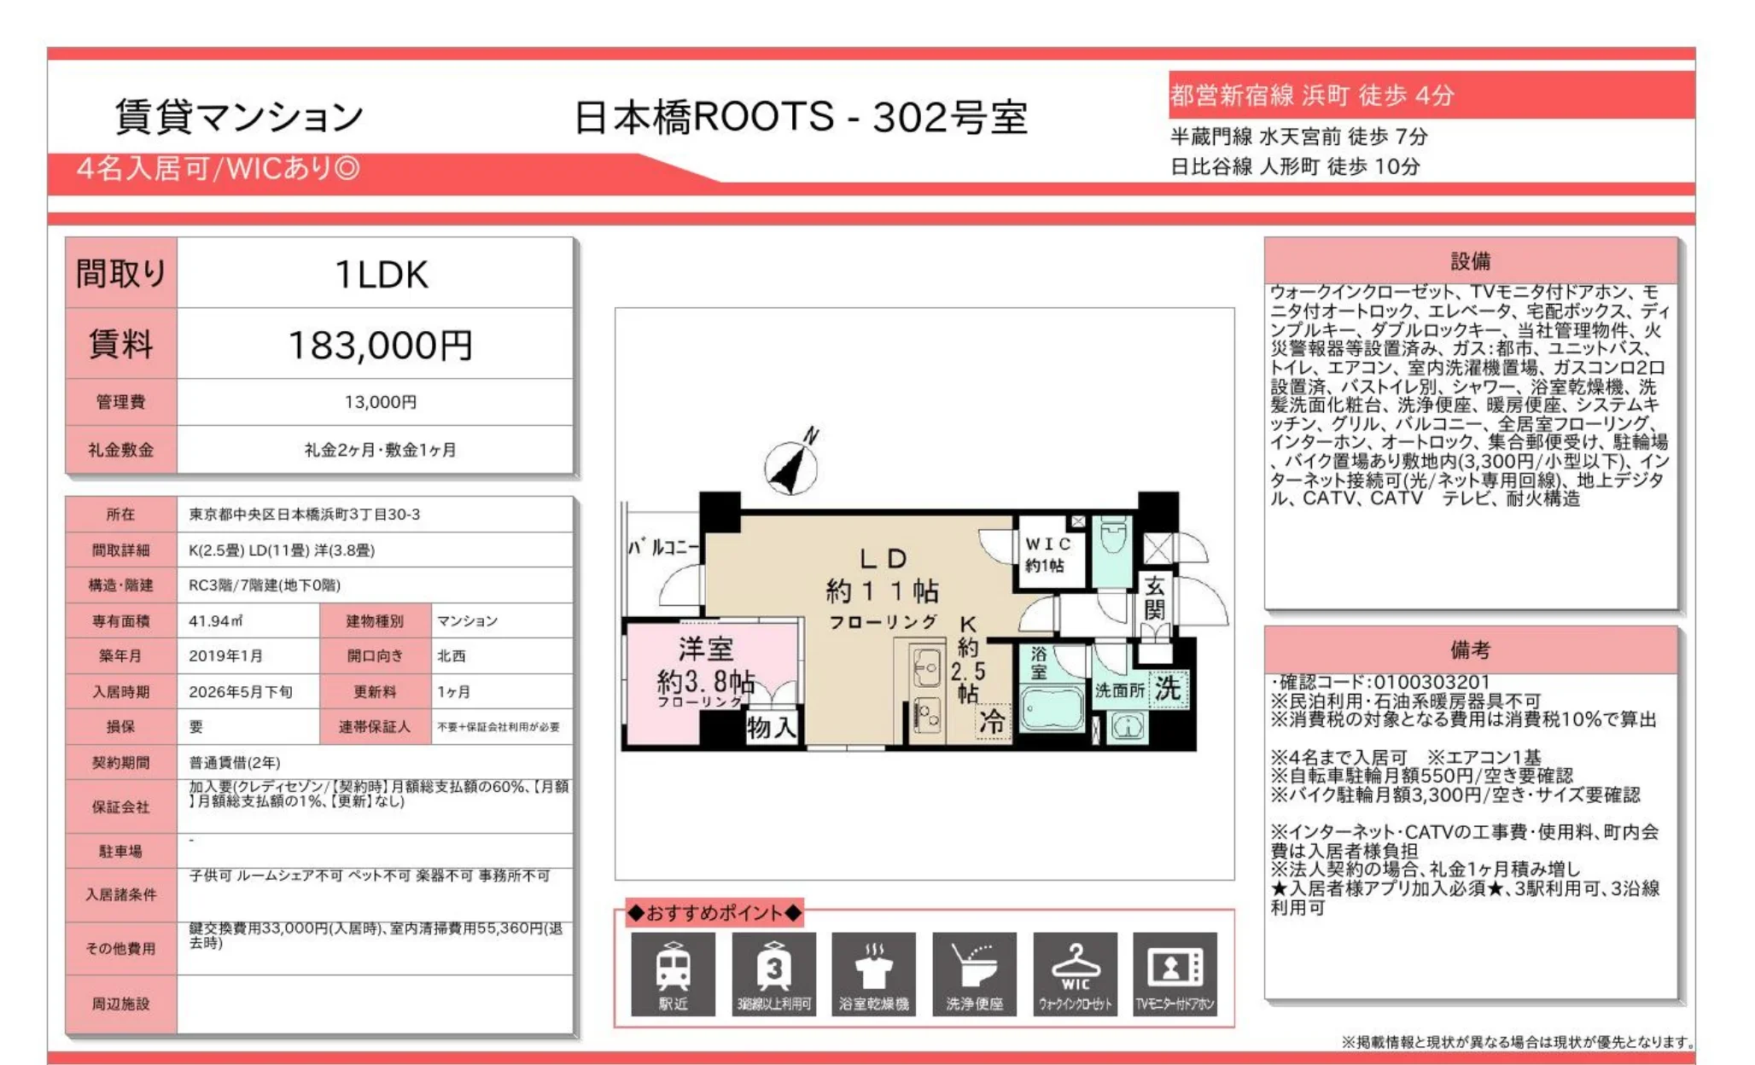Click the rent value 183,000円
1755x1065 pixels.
[380, 345]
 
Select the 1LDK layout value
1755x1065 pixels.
[381, 275]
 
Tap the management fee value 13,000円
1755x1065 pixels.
[380, 402]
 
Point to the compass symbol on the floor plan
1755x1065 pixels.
[791, 465]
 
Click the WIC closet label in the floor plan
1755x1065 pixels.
[1047, 554]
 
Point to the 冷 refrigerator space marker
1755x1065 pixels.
[992, 721]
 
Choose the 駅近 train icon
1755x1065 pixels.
[673, 974]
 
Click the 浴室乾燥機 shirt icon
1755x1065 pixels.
[873, 974]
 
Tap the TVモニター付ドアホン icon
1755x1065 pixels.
[1175, 974]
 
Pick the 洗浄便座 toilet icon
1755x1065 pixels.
[974, 974]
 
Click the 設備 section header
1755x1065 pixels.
[1470, 261]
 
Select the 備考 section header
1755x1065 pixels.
[1470, 650]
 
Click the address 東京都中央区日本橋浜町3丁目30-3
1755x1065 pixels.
[305, 515]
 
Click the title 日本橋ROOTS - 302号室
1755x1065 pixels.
[800, 117]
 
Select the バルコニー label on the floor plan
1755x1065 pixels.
[663, 547]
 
